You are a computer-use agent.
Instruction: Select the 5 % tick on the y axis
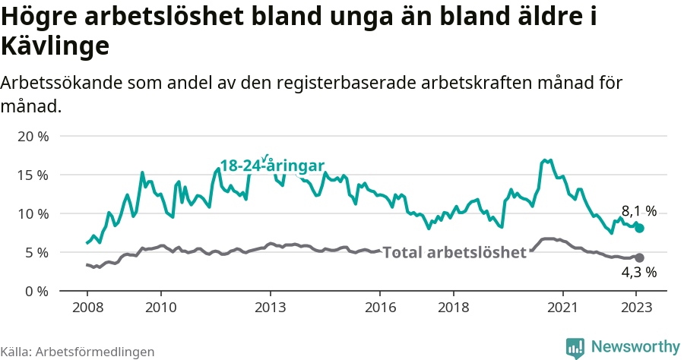pos(35,252)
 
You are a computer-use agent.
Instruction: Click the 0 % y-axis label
pos(35,291)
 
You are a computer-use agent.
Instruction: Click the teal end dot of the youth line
pos(640,228)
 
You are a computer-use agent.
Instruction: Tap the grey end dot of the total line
pos(640,258)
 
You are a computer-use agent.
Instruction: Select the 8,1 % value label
pos(639,211)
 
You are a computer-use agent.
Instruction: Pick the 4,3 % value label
pos(639,272)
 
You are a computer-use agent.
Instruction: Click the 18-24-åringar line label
pos(272,166)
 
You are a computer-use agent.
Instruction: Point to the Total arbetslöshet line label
pos(454,252)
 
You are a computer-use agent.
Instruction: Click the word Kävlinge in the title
pos(55,46)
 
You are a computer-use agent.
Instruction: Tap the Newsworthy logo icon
pos(575,347)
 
